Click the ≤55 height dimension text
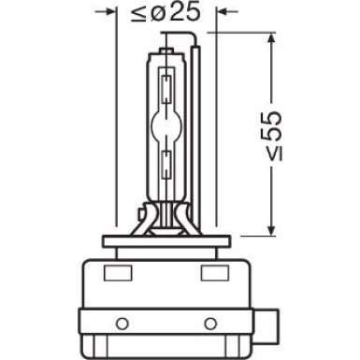tap(270, 136)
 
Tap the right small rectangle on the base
tap(212, 275)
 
